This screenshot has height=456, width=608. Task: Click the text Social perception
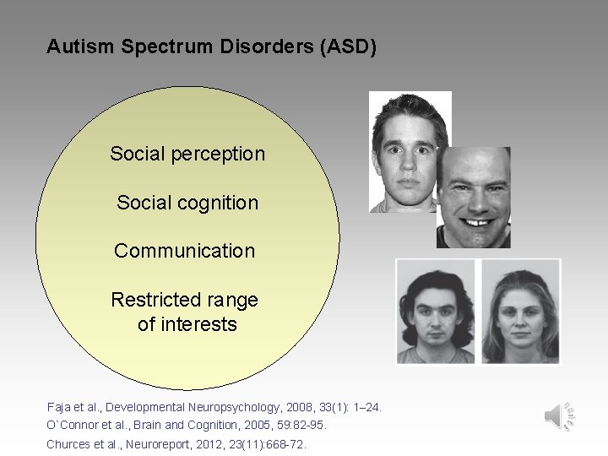(187, 154)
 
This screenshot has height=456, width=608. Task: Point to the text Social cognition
(187, 203)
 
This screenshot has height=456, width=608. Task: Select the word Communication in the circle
(184, 251)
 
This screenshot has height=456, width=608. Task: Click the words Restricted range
(184, 300)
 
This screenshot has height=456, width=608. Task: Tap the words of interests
(187, 324)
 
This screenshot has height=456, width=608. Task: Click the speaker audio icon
(560, 415)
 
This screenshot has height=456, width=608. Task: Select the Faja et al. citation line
(214, 407)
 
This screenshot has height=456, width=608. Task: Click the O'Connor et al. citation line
(187, 425)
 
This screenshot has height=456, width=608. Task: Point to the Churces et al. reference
(176, 443)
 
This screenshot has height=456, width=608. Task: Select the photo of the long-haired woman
(519, 311)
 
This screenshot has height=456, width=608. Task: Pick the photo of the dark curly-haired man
(436, 311)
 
